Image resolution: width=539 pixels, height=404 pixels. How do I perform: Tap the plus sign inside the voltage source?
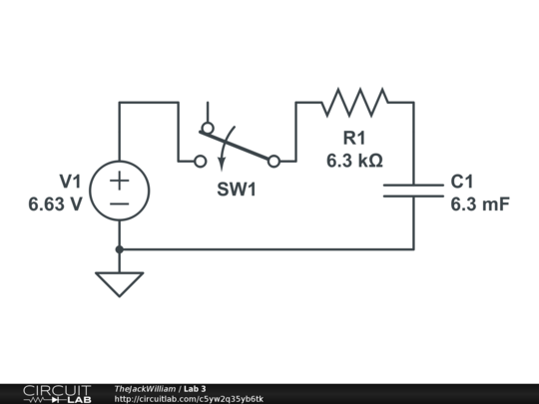(119, 180)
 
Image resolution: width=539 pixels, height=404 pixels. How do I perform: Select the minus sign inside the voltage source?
(119, 202)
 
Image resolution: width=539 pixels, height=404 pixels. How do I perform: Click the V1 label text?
(70, 182)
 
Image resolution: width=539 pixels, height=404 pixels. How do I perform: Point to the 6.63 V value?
(56, 204)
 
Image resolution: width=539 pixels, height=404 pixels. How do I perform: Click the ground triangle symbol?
(119, 283)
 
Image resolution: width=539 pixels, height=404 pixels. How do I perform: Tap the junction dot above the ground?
(119, 249)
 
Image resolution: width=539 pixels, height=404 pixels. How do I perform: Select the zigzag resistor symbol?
(354, 102)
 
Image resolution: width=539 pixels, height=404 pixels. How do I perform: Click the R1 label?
(354, 138)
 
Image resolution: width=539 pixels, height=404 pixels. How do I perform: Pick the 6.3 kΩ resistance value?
(354, 160)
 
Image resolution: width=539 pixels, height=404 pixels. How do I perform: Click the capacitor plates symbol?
(413, 190)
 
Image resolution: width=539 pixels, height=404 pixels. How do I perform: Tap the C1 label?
(462, 182)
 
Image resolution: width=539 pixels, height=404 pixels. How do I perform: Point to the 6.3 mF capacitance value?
(479, 204)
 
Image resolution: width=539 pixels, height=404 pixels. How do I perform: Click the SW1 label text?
(237, 189)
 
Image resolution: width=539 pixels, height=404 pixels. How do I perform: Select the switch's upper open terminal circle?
(207, 128)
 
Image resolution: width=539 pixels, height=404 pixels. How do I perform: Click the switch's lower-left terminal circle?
(200, 160)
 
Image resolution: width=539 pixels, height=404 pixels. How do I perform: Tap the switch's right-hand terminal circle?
(273, 160)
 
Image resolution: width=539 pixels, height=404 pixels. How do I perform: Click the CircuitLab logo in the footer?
(56, 393)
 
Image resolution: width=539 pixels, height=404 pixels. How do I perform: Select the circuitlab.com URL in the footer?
(189, 399)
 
